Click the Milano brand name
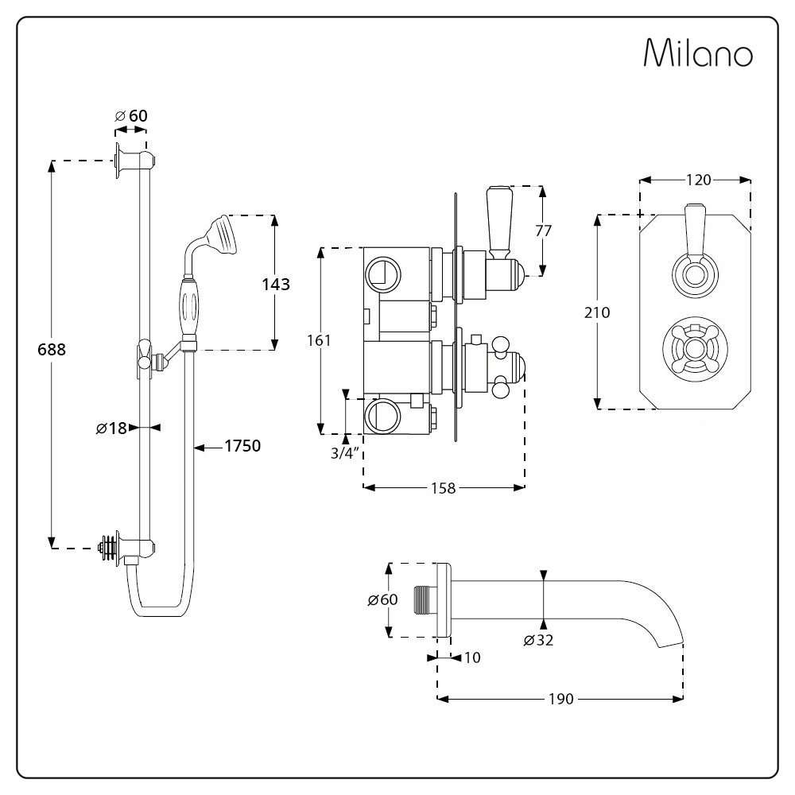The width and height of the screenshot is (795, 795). [x=698, y=52]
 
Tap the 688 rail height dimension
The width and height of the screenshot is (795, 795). [x=52, y=349]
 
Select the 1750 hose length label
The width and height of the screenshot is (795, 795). [x=242, y=446]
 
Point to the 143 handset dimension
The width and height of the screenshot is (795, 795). [x=276, y=284]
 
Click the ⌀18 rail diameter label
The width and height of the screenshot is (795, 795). [x=111, y=428]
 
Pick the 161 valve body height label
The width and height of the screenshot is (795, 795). [x=319, y=340]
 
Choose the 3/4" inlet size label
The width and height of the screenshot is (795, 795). [x=345, y=453]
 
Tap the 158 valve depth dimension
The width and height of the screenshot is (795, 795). [x=443, y=488]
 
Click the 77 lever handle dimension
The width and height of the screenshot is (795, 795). [x=543, y=231]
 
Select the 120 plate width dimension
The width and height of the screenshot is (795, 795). [x=698, y=180]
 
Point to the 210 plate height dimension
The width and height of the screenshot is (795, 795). [x=597, y=312]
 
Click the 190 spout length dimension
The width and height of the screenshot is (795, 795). [x=560, y=699]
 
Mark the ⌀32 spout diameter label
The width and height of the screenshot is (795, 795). [x=538, y=640]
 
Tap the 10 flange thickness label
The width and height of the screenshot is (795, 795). [x=472, y=657]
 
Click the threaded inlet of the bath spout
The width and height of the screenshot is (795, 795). [x=425, y=601]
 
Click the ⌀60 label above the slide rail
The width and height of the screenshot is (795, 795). [x=131, y=115]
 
